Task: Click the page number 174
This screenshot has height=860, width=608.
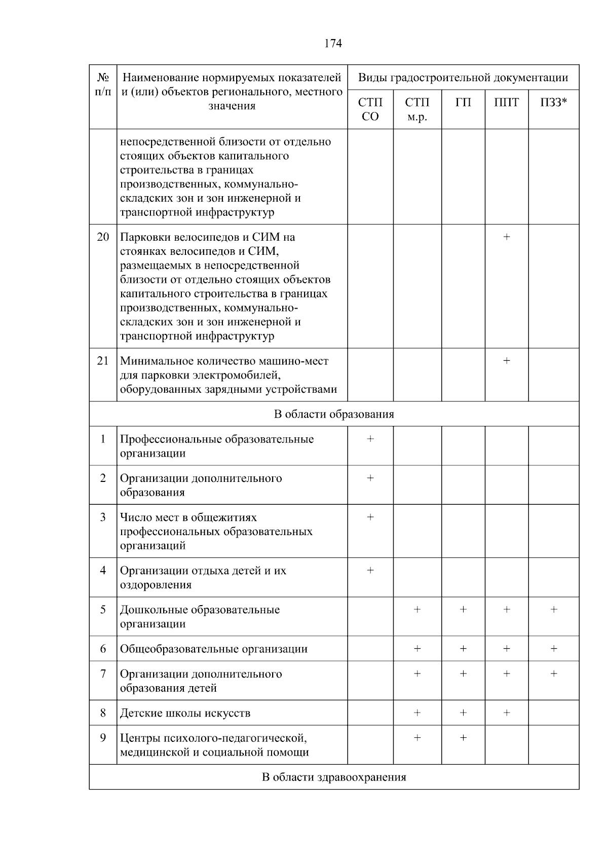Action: pos(333,44)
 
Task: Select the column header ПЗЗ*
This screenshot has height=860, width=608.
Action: pos(553,103)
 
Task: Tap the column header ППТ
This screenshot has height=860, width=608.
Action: pos(506,103)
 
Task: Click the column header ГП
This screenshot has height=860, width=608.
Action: pos(463,103)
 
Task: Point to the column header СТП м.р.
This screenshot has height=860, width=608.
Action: pos(417,109)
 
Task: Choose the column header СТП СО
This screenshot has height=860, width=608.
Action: pos(370,109)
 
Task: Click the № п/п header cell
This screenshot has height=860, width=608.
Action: pos(103,85)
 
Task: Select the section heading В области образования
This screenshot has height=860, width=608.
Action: pos(333,415)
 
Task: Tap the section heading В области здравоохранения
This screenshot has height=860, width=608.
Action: pos(333,777)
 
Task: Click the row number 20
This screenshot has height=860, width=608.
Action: pos(103,237)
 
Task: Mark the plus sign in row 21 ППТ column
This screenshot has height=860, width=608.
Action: pos(506,361)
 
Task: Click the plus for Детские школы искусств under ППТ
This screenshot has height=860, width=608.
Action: pos(506,713)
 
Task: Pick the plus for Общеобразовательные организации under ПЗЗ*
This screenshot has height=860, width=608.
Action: pos(553,649)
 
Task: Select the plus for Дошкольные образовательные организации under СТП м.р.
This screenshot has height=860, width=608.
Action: pos(417,610)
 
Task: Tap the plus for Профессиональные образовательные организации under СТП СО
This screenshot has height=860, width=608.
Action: pos(370,439)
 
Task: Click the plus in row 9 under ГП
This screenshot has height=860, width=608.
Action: pos(463,738)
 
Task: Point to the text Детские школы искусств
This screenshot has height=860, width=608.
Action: pos(185,714)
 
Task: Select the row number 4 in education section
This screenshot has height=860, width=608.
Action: pos(103,571)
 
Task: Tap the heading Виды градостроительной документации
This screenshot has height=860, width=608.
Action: pos(463,78)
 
